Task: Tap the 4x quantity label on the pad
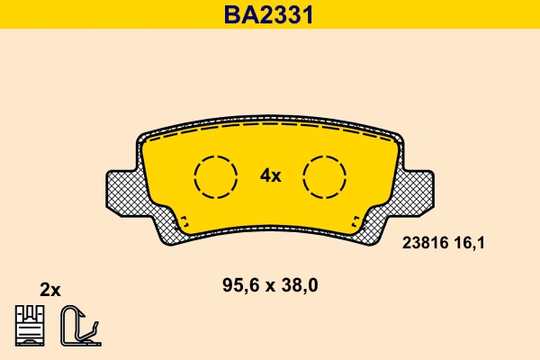(270, 175)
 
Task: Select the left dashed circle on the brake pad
(216, 175)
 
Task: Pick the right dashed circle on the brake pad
(324, 175)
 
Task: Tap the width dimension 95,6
(238, 286)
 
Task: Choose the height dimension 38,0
(301, 286)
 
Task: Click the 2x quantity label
(50, 289)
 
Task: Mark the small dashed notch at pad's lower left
(183, 221)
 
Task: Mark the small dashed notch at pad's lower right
(357, 221)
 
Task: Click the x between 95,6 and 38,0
(270, 287)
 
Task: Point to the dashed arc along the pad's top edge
(270, 130)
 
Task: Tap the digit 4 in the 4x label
(265, 175)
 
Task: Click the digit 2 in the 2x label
(45, 289)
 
